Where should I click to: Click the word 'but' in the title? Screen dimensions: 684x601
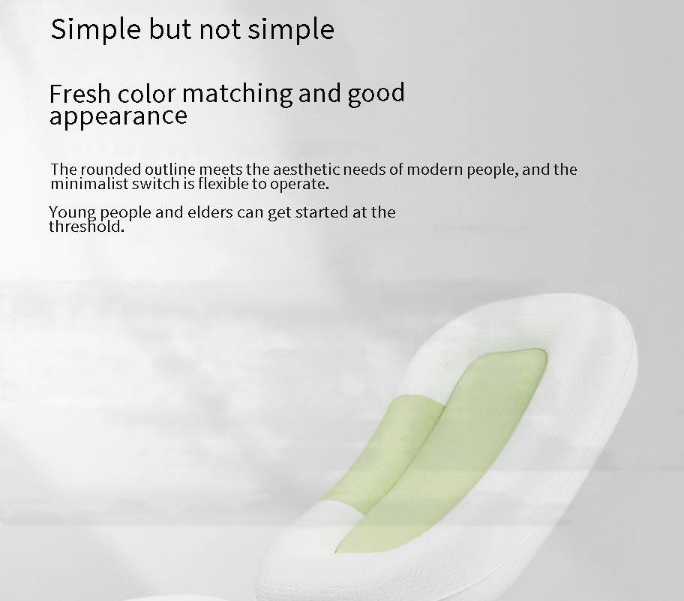tap(170, 29)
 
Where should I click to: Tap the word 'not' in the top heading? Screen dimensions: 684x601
tap(220, 30)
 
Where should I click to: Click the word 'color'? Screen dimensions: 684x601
tap(146, 94)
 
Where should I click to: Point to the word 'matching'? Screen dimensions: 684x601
tap(237, 95)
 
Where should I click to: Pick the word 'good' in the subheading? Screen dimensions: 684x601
tap(376, 94)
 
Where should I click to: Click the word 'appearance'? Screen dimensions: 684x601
tap(118, 117)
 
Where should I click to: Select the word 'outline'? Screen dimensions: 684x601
tap(170, 170)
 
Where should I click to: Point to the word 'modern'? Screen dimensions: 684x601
tap(435, 170)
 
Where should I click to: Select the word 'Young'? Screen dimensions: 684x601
tap(73, 213)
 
